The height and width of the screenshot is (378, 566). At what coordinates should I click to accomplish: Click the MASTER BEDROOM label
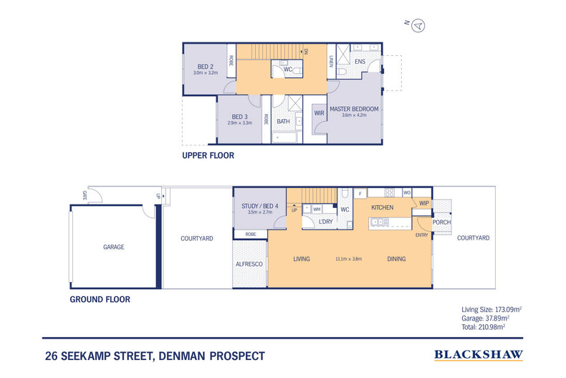(354, 109)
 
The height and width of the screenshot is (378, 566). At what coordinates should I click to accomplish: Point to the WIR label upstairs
(319, 113)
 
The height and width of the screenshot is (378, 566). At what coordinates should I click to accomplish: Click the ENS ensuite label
(360, 62)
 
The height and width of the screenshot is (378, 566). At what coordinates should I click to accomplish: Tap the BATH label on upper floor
(284, 121)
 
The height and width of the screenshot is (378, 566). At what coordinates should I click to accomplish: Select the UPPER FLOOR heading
(208, 155)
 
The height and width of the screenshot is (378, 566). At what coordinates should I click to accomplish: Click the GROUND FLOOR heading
(100, 299)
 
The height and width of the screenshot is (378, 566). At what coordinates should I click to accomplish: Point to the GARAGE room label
(113, 247)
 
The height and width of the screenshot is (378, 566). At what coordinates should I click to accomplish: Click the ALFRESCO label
(249, 265)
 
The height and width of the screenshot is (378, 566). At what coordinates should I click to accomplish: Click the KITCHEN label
(383, 207)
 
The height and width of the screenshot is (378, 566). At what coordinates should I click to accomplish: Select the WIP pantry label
(423, 203)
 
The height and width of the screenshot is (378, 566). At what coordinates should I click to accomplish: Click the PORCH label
(441, 222)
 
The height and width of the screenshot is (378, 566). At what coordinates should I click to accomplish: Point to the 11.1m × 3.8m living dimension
(349, 259)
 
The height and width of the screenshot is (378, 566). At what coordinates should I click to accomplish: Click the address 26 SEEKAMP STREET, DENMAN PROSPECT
(154, 356)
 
